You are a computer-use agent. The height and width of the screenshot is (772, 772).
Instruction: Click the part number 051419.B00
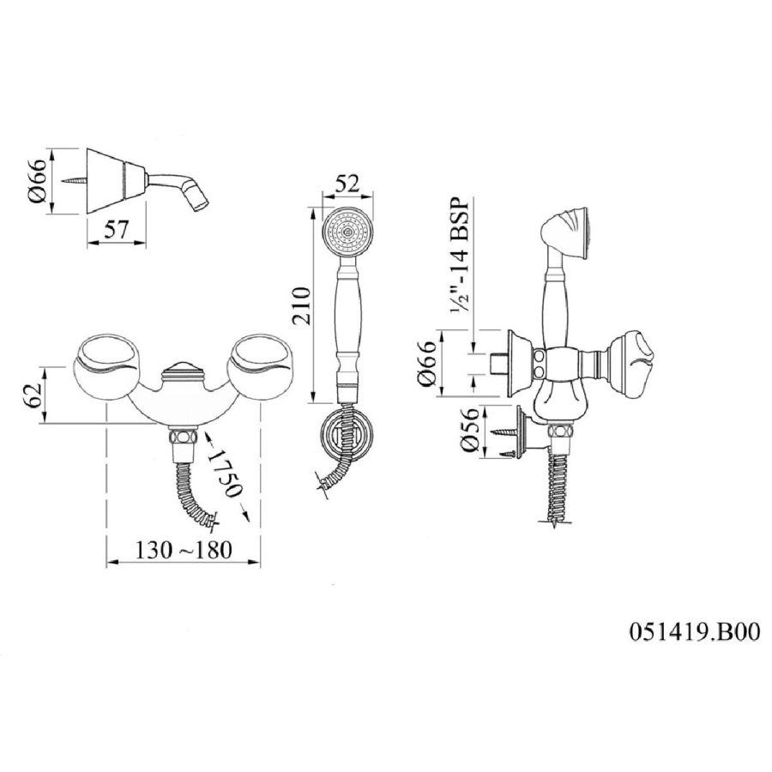[694, 631]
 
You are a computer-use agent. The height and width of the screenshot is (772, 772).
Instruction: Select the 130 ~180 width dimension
[184, 550]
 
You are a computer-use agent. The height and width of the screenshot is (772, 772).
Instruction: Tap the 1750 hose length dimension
[225, 474]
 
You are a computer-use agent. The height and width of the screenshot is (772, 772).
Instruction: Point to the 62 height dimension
[34, 395]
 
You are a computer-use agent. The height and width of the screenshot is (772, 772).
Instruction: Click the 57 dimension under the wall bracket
[116, 229]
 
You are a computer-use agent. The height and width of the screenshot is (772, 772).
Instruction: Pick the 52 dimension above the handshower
[347, 184]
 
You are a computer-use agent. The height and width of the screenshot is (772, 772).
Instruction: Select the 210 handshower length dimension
[301, 305]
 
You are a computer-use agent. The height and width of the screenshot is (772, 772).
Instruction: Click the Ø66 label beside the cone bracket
[39, 180]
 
